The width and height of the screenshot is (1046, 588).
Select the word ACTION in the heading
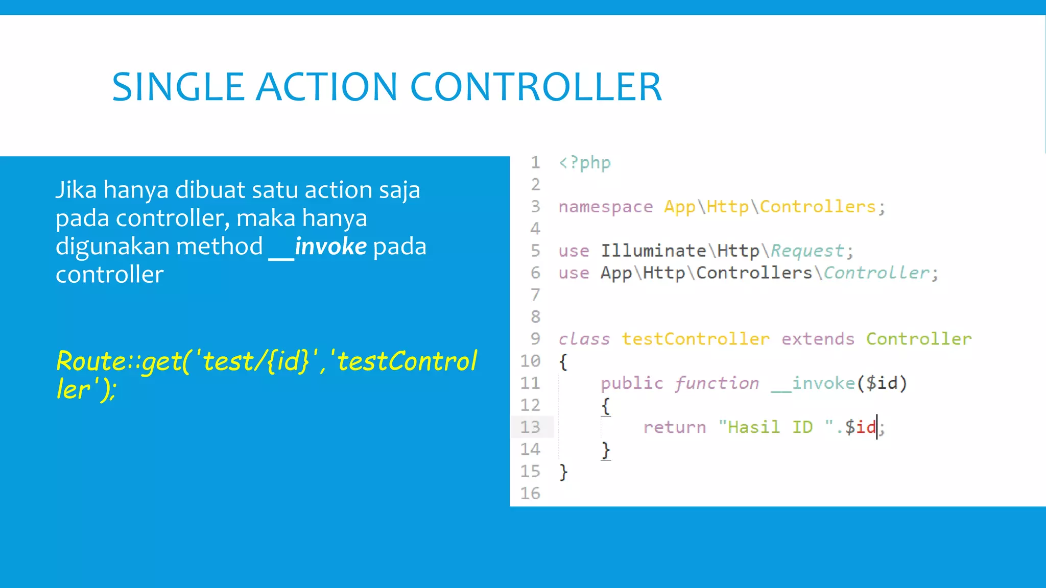326,87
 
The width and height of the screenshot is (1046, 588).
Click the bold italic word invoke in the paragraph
330,247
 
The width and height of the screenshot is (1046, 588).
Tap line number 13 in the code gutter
530,427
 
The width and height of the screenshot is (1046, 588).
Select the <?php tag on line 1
584,163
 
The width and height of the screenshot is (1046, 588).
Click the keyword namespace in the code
605,207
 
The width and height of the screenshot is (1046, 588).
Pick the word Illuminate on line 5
653,251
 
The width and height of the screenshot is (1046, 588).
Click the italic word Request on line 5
807,251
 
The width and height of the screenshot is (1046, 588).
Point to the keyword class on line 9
584,339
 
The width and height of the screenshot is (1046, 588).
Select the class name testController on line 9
695,339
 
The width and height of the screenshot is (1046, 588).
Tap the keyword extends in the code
818,339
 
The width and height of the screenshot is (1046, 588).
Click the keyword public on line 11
632,383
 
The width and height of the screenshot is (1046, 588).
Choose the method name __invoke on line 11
813,383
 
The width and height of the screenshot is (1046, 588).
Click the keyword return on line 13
674,427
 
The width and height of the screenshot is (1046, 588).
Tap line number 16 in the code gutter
530,493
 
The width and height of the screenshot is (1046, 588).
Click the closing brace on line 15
563,472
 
